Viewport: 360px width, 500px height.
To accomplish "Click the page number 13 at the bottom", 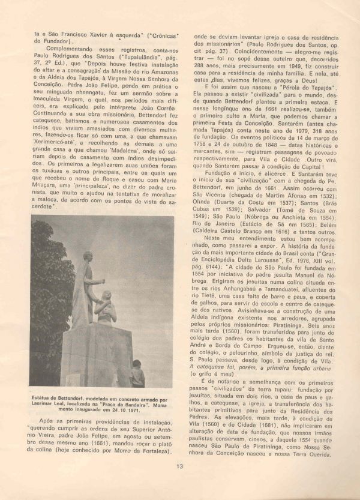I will (x=180, y=466).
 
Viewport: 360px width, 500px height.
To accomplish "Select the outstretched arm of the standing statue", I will (x=94, y=282).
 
